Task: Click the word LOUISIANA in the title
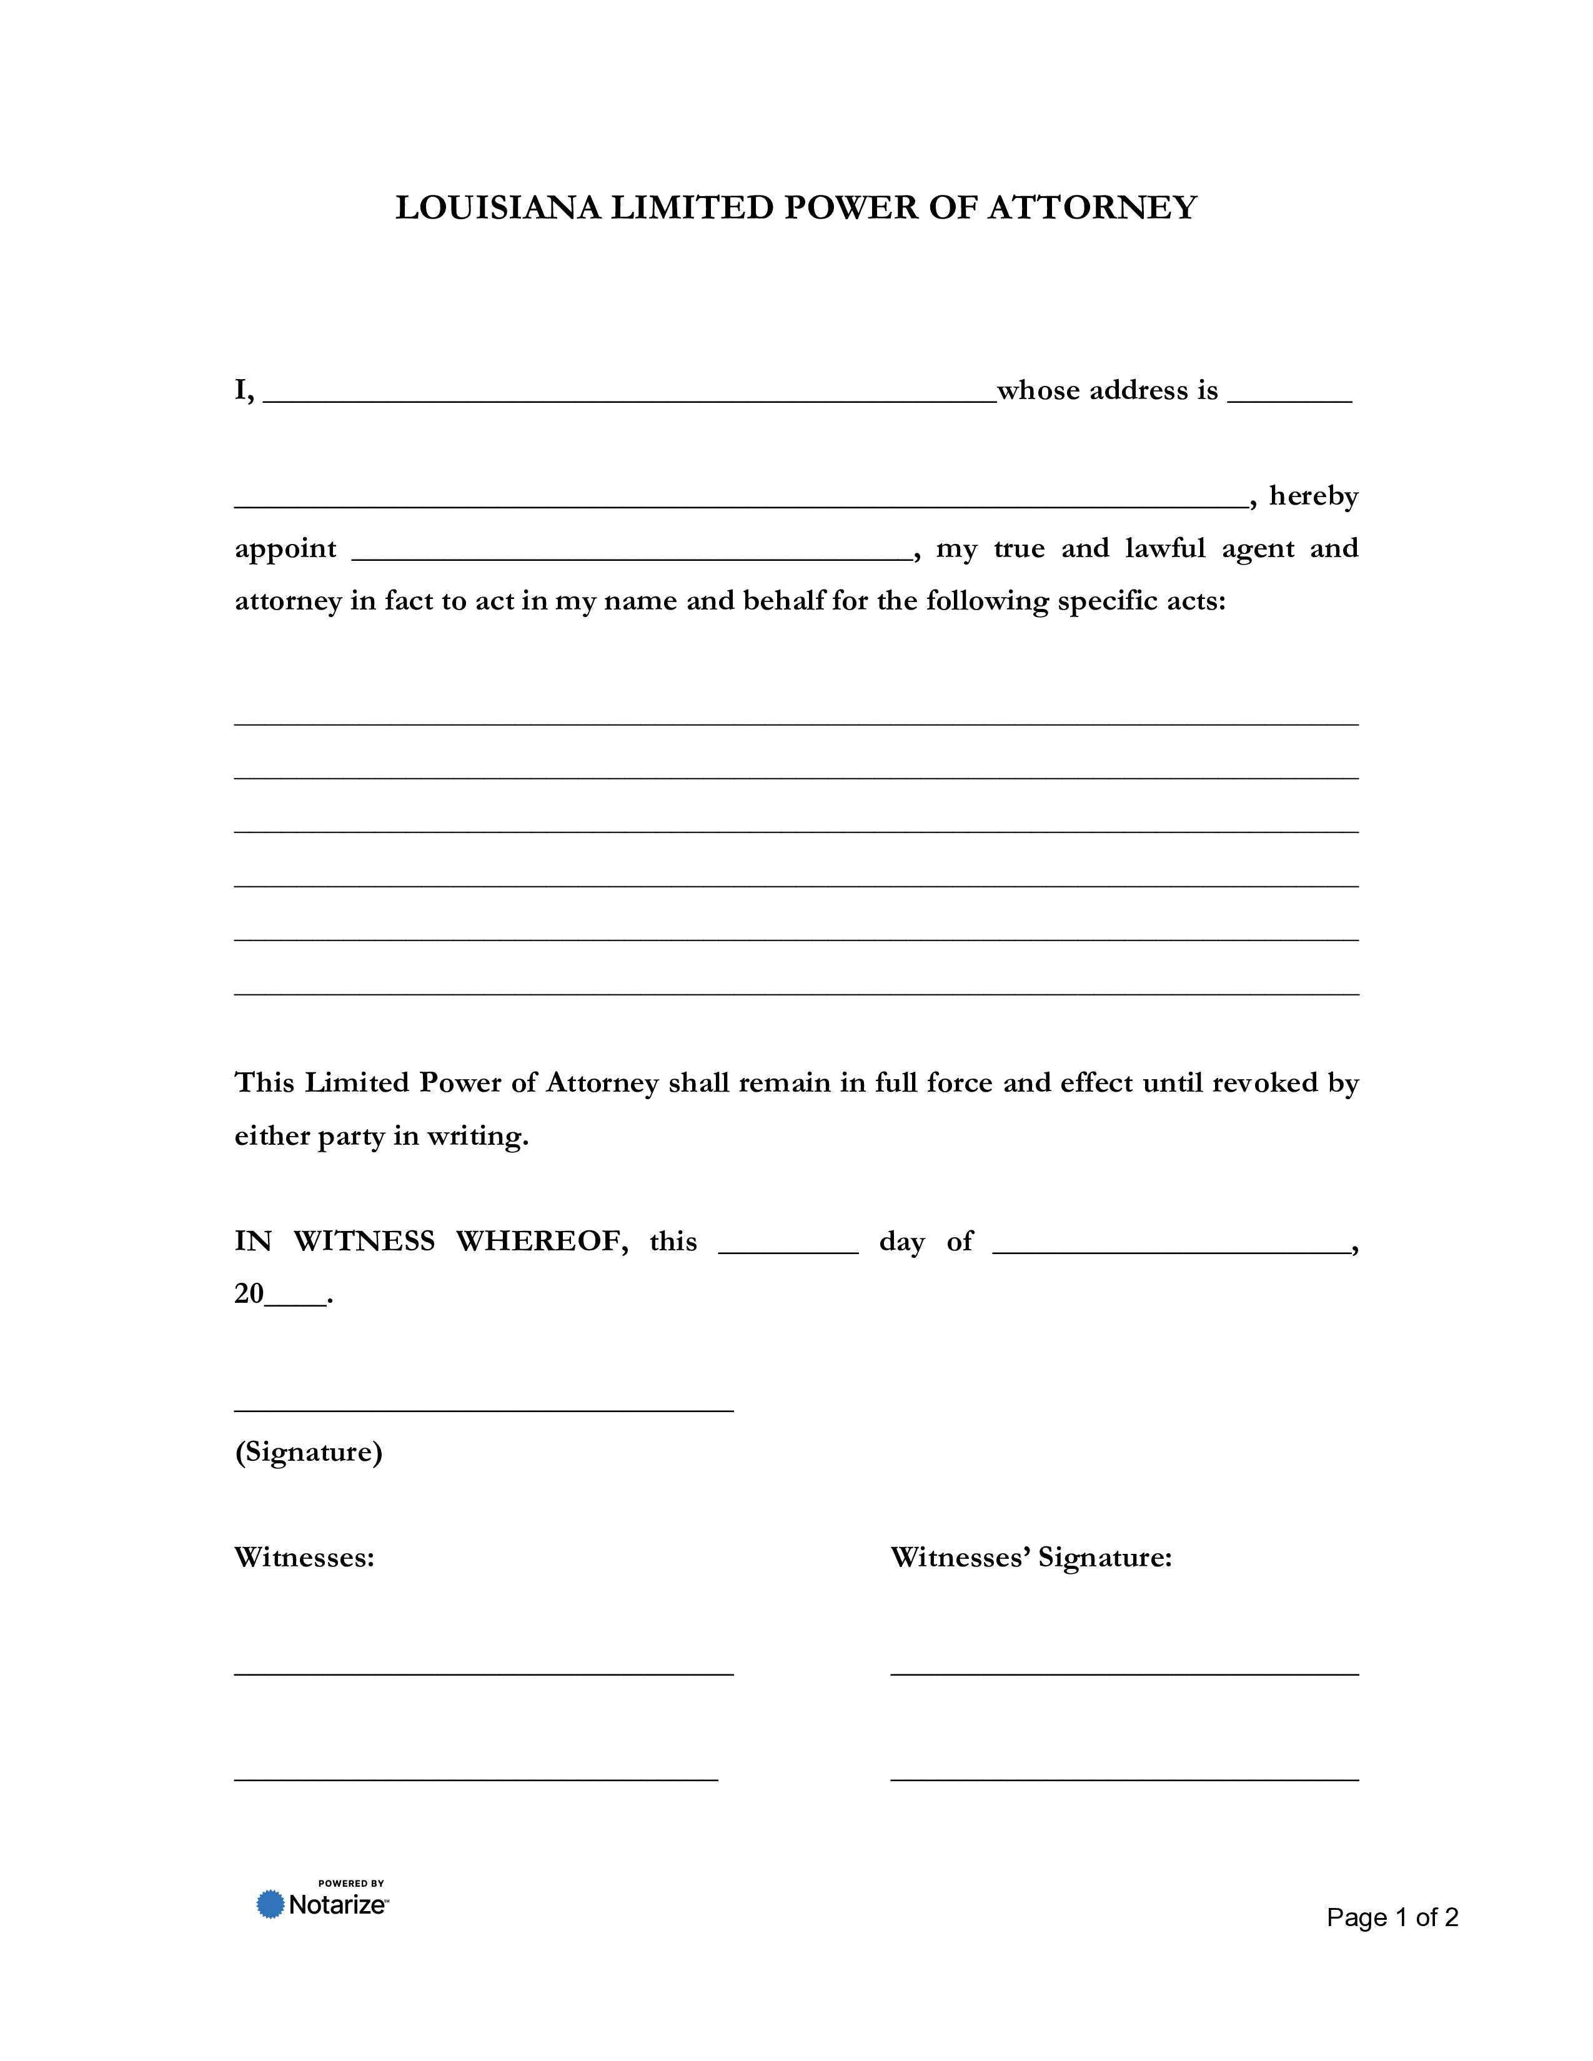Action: pos(497,207)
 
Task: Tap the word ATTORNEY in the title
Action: pos(1092,207)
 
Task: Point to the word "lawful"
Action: pos(1164,548)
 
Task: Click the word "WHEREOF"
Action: pos(542,1241)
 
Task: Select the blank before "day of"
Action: pos(788,1246)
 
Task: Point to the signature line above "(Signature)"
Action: pos(483,1410)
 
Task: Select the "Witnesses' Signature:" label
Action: pos(1031,1557)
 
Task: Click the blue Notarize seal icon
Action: pos(271,1904)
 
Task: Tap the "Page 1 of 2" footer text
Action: pos(1392,1917)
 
